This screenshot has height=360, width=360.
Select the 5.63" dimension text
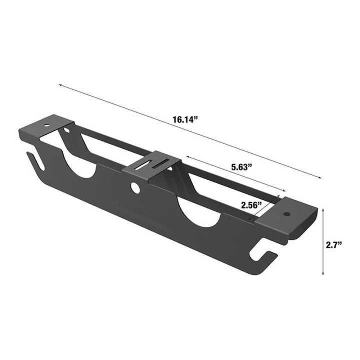pyautogui.click(x=240, y=167)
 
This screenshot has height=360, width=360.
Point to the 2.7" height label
pyautogui.click(x=333, y=245)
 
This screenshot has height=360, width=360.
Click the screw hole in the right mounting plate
pyautogui.click(x=287, y=214)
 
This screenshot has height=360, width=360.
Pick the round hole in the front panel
pyautogui.click(x=135, y=187)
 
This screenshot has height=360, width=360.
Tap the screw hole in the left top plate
pyautogui.click(x=46, y=126)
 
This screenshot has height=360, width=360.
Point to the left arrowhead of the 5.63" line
pyautogui.click(x=188, y=157)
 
